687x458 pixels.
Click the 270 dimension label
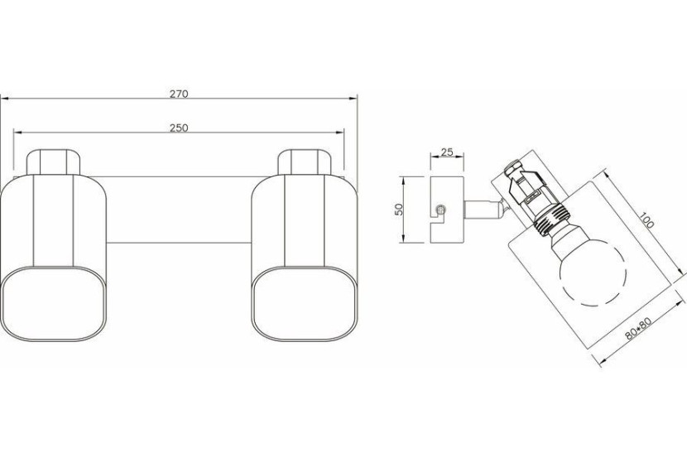[x=179, y=94]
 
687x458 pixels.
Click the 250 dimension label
[x=179, y=128]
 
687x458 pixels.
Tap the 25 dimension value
[x=446, y=152]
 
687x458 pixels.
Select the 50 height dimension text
[x=399, y=209]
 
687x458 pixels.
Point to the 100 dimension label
[x=646, y=220]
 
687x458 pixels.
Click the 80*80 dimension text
[x=638, y=328]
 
